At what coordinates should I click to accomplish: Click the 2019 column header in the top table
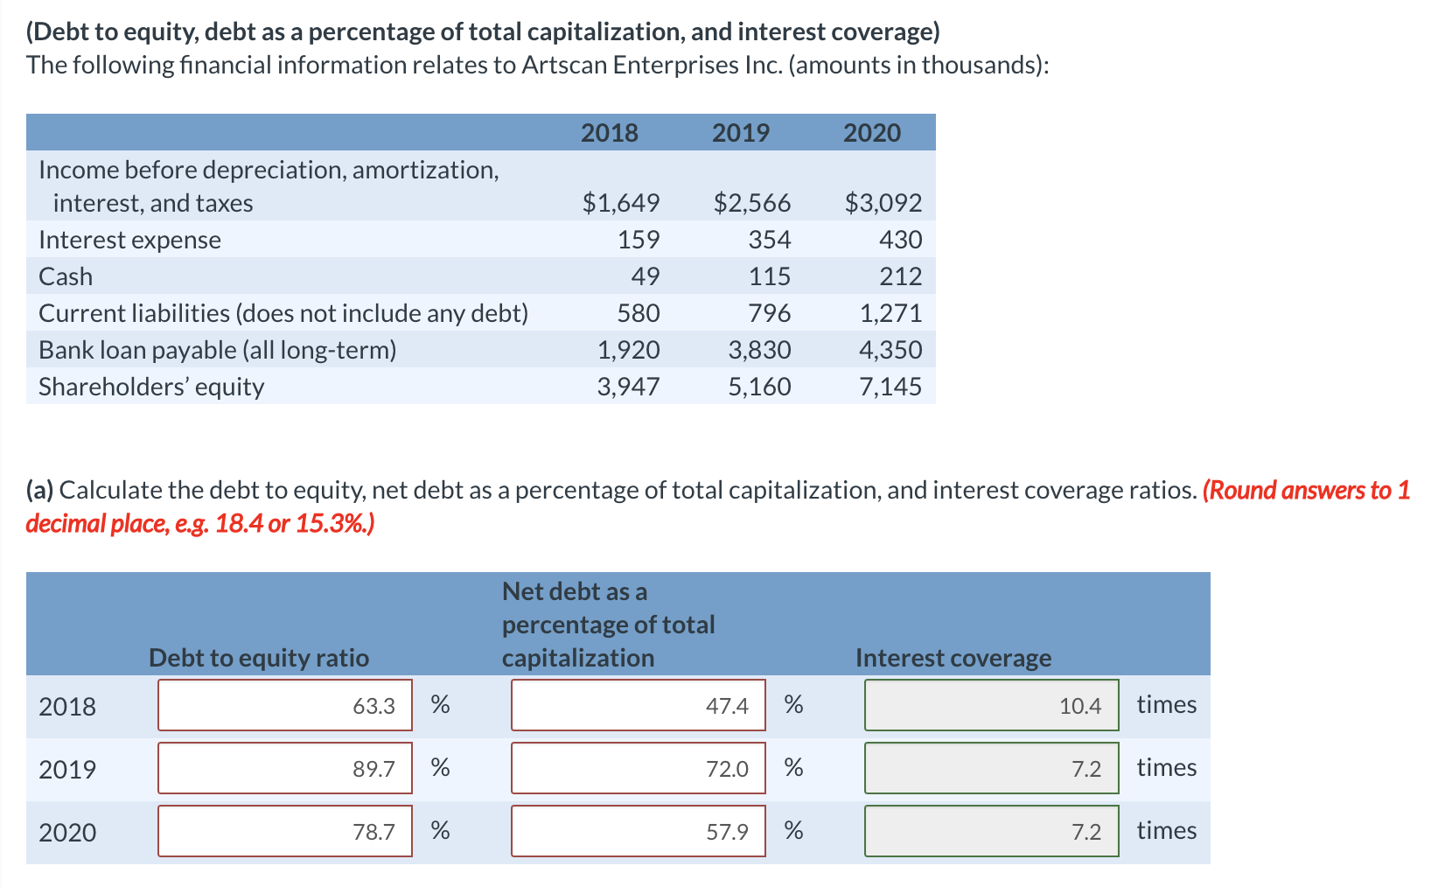tap(740, 133)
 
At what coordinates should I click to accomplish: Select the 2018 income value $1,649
tap(621, 203)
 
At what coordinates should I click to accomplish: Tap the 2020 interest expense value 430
tap(901, 240)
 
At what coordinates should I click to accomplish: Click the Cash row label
tap(66, 276)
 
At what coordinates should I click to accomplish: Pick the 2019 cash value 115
tap(770, 276)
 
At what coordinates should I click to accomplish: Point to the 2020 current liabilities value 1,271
tap(890, 313)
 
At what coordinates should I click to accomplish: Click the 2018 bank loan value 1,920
tap(628, 350)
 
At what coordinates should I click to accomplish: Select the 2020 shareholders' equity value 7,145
tap(890, 387)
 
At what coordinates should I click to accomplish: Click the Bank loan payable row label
tap(217, 350)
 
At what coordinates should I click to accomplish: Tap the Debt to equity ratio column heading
tap(259, 658)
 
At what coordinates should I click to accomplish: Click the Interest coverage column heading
tap(953, 658)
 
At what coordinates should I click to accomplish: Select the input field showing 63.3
tap(285, 705)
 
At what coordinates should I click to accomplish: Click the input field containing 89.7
tap(285, 768)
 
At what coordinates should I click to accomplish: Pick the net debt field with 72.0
tap(638, 768)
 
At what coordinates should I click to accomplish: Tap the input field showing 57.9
tap(638, 831)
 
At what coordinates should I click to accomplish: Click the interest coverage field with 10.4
tap(991, 705)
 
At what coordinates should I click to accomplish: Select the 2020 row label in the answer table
tap(67, 832)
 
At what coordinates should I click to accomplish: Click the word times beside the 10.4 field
tap(1166, 704)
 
